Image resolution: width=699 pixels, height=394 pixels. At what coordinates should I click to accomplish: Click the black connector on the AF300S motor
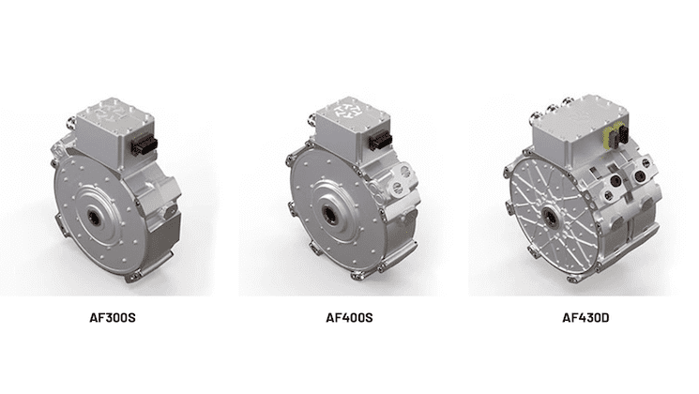tap(144, 146)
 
